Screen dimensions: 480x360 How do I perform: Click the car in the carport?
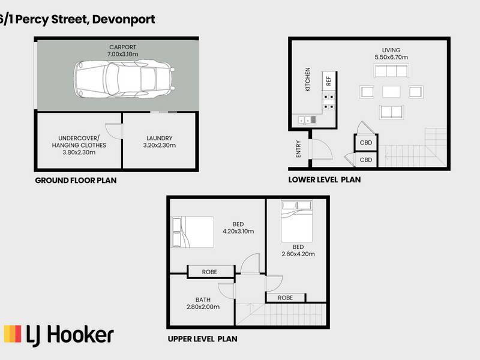click(124, 79)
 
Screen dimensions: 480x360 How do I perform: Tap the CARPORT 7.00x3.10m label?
click(123, 50)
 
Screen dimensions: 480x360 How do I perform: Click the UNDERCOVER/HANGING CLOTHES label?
click(79, 145)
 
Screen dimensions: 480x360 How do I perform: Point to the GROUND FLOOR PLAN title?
click(76, 181)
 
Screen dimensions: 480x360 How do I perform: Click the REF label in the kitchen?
click(328, 81)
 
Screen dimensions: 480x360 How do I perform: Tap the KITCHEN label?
click(308, 79)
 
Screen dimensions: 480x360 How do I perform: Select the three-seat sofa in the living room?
click(391, 71)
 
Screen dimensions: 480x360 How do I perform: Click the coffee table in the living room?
click(391, 92)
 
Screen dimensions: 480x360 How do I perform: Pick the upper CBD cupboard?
click(366, 143)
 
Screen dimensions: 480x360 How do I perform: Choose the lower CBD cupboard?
click(366, 160)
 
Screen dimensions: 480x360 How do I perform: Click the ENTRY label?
click(298, 149)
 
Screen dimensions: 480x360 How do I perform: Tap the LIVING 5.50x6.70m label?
click(391, 53)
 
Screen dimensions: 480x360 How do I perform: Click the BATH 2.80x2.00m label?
click(203, 304)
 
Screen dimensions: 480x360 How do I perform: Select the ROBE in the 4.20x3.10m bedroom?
click(211, 272)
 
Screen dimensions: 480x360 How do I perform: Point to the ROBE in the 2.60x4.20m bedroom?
click(286, 298)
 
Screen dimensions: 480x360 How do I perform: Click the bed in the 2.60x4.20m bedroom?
click(296, 221)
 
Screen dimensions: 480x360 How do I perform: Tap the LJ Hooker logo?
click(58, 335)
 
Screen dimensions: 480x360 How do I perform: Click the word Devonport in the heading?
click(124, 19)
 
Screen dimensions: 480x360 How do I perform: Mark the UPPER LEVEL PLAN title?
click(202, 339)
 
